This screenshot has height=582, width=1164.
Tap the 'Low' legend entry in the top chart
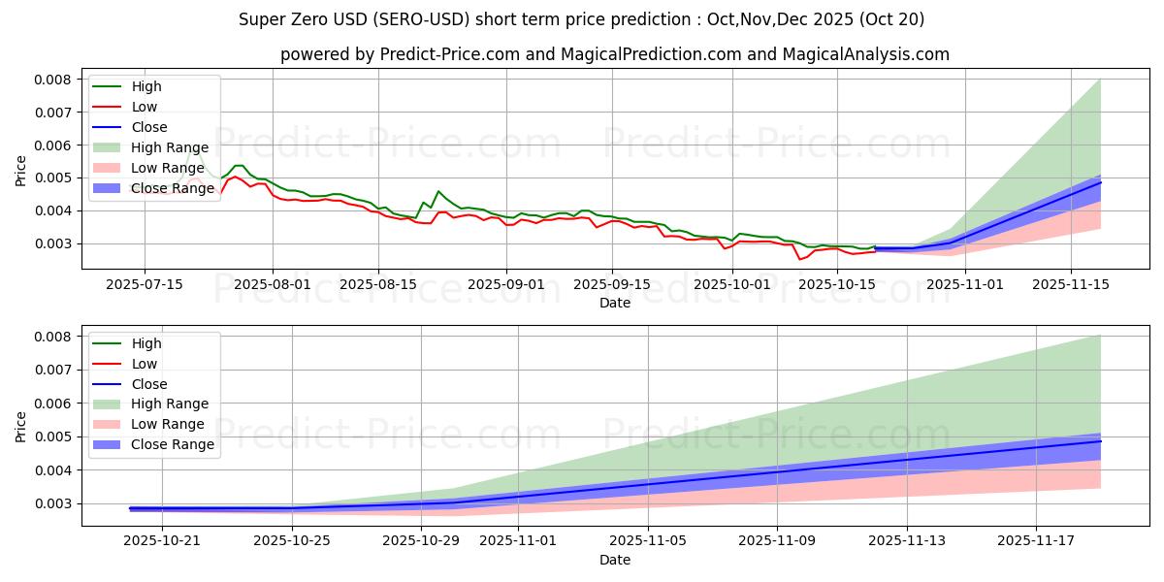click(145, 107)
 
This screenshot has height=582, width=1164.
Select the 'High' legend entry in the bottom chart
click(146, 343)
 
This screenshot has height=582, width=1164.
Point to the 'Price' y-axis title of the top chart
click(21, 171)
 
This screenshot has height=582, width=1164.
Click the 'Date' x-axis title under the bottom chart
click(615, 560)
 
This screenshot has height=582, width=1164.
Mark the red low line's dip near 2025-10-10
click(800, 259)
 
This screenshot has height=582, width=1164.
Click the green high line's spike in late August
click(438, 191)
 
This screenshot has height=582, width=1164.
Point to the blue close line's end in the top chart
click(1100, 182)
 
